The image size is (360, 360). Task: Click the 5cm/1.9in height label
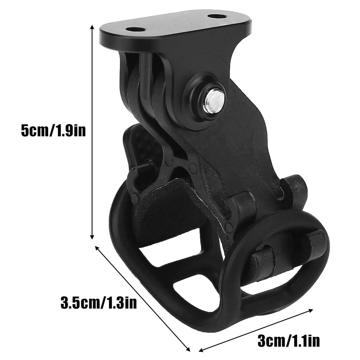coord(53,131)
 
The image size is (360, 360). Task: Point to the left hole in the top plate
coord(135,31)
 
